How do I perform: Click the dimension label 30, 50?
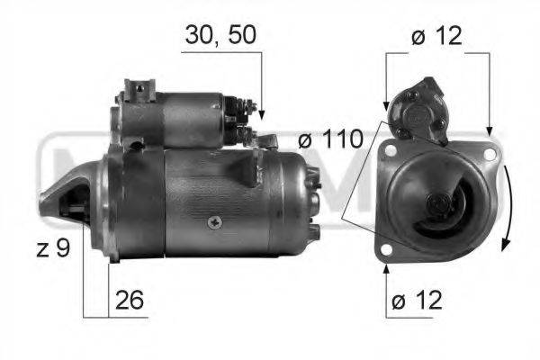220,35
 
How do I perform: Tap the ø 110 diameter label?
330,139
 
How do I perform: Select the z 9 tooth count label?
53,247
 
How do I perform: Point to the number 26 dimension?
129,300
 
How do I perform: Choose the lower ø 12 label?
417,300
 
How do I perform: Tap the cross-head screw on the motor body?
214,222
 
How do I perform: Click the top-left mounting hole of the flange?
391,150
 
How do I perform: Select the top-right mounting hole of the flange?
490,154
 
